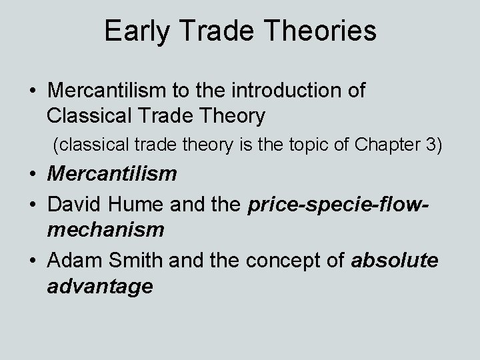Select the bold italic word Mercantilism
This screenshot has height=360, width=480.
(112, 174)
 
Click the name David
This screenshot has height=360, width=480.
(75, 201)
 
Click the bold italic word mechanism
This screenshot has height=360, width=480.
(105, 230)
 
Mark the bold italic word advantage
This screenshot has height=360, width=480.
(100, 286)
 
